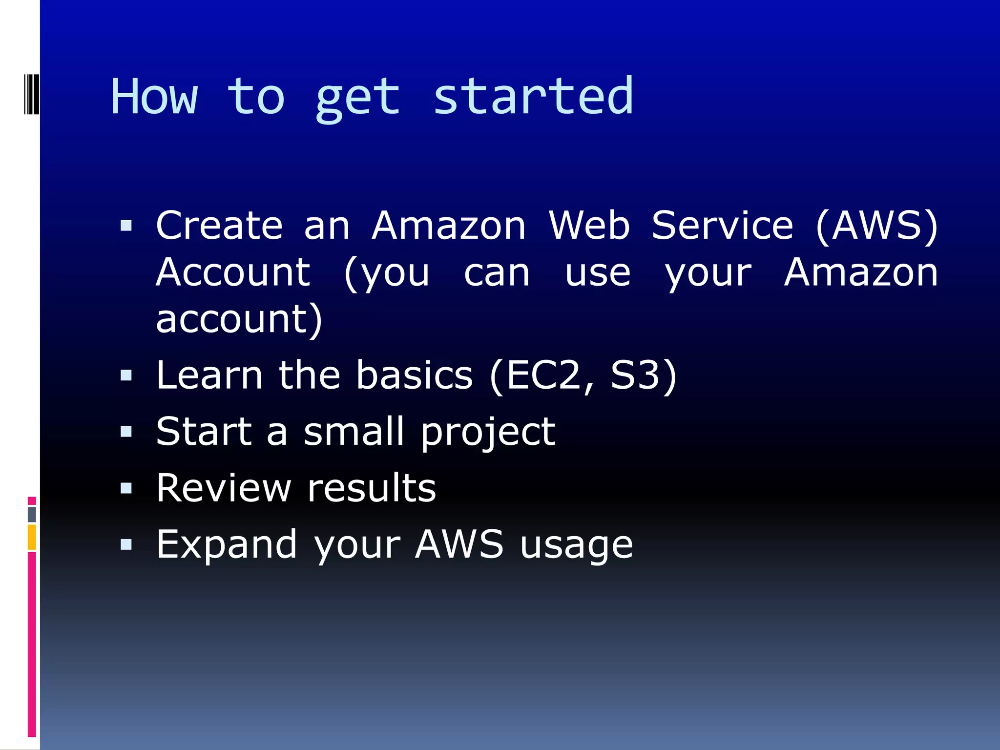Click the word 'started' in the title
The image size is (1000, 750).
(x=533, y=97)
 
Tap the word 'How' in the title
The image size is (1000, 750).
(x=154, y=97)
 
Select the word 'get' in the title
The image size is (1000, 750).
(x=357, y=100)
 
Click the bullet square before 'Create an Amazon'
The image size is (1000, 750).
(x=126, y=226)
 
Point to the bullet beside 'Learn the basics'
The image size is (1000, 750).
(x=126, y=375)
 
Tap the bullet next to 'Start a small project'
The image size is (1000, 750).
(x=126, y=432)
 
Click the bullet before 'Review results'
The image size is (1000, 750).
(x=126, y=488)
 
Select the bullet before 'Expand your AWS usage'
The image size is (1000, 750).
(x=126, y=544)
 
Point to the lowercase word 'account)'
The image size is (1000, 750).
(x=239, y=319)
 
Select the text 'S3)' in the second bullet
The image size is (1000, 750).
(x=644, y=375)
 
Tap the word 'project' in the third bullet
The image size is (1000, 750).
(x=488, y=433)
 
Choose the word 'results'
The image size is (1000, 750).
(x=372, y=488)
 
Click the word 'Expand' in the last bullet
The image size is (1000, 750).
(x=227, y=545)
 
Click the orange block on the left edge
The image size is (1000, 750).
(x=32, y=537)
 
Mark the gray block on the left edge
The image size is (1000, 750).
(x=32, y=514)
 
